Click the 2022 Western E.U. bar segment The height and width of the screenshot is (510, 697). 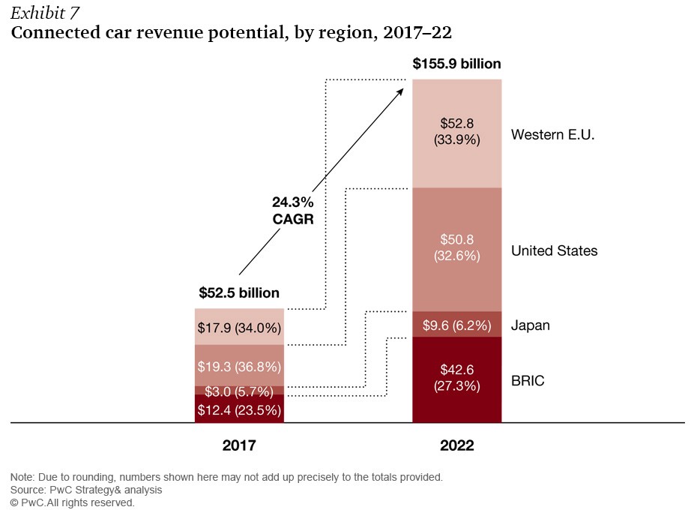click(x=457, y=133)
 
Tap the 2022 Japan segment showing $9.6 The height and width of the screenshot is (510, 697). click(x=457, y=325)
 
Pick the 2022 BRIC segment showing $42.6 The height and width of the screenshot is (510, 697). click(x=457, y=379)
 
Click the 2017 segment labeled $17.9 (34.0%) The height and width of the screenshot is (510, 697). click(x=239, y=327)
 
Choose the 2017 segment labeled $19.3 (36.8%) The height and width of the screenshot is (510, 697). click(x=239, y=366)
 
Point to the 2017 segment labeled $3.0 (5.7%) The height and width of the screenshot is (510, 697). click(x=239, y=391)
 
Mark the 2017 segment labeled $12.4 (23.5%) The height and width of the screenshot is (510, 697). click(x=239, y=409)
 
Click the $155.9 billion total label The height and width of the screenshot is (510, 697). click(x=456, y=64)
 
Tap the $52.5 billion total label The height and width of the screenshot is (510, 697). click(x=239, y=292)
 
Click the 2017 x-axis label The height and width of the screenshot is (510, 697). click(x=239, y=445)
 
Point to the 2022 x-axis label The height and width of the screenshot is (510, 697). click(x=456, y=445)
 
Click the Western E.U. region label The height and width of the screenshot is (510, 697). click(x=552, y=135)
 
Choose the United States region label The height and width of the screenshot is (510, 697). click(x=554, y=250)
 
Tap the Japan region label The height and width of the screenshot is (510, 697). click(x=530, y=325)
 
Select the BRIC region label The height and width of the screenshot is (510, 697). click(x=528, y=381)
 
